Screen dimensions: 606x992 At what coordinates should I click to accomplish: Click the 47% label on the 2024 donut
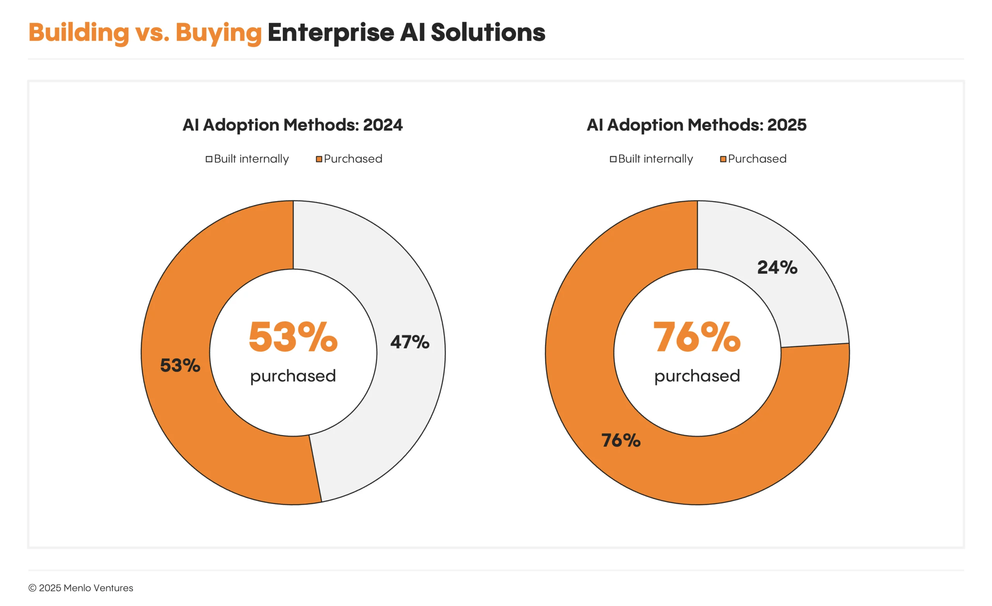[x=410, y=342]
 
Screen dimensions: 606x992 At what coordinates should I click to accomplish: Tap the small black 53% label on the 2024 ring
[x=180, y=365]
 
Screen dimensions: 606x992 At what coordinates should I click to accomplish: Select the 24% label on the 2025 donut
[x=777, y=267]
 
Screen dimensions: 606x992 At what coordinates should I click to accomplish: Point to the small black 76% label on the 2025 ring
[x=620, y=440]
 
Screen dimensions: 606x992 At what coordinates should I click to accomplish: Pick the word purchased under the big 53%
[x=293, y=376]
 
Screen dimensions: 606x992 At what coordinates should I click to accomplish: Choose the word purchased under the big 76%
[x=697, y=376]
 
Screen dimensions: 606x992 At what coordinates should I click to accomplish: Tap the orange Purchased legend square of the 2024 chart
[x=319, y=159]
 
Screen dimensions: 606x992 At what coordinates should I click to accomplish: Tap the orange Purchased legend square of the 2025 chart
[x=723, y=159]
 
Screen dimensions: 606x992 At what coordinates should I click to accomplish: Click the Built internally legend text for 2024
[x=251, y=158]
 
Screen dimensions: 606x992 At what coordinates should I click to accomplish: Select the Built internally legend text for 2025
[x=655, y=158]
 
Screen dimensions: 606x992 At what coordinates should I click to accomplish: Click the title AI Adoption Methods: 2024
[x=292, y=125]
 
